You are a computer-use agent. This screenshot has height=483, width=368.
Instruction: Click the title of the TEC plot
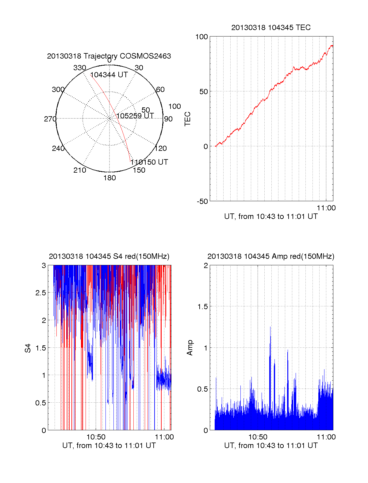[x=271, y=28]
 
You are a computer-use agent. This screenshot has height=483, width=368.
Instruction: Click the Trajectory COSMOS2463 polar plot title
[x=109, y=56]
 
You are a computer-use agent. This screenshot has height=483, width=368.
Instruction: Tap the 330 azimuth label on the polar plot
[x=79, y=68]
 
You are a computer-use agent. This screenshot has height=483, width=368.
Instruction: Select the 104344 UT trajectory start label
[x=109, y=75]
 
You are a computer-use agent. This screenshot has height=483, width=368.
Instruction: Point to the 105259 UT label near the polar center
[x=135, y=116]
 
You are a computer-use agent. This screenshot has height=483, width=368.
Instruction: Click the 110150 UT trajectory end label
[x=149, y=162]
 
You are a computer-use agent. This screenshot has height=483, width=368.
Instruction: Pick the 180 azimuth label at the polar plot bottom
[x=109, y=178]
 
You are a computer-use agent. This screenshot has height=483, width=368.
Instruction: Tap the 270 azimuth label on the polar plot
[x=50, y=119]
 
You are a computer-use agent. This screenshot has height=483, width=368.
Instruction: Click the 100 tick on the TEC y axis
[x=201, y=37]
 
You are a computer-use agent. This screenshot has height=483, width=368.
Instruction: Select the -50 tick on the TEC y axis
[x=202, y=201]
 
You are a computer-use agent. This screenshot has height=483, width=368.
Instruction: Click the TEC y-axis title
[x=188, y=119]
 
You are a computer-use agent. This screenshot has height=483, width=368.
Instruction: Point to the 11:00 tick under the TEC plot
[x=326, y=208]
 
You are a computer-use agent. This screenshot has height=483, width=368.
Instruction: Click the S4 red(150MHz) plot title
[x=109, y=256]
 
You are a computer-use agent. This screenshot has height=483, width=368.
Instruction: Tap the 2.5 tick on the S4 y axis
[x=41, y=293]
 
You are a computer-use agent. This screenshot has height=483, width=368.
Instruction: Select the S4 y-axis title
[x=28, y=348]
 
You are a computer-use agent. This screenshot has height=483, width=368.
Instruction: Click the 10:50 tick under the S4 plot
[x=96, y=437]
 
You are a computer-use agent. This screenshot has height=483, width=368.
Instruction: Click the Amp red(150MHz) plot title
[x=271, y=256]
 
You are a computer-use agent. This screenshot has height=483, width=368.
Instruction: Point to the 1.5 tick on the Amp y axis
[x=203, y=307]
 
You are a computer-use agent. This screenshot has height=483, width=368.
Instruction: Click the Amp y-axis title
[x=190, y=348]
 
